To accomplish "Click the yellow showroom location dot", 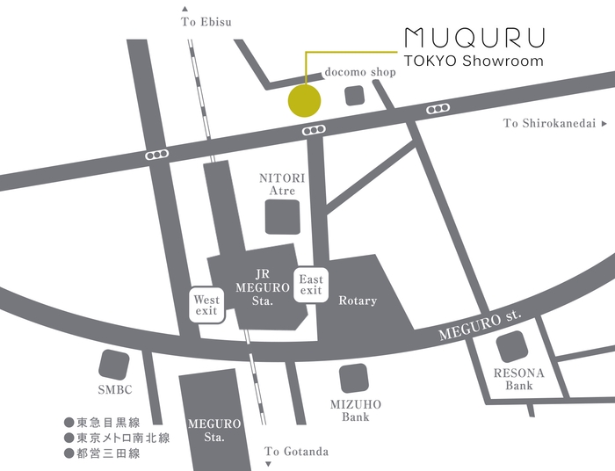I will [305, 100].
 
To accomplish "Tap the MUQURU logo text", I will [474, 38].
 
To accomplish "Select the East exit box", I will [311, 285].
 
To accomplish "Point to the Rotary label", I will [358, 301].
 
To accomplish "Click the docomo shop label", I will [360, 72].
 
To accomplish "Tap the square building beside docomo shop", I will [355, 96].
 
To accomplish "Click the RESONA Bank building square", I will [513, 349].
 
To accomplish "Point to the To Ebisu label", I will [206, 22].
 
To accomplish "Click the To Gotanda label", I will [297, 452].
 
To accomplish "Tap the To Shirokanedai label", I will [550, 124].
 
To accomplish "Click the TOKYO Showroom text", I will [474, 62].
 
